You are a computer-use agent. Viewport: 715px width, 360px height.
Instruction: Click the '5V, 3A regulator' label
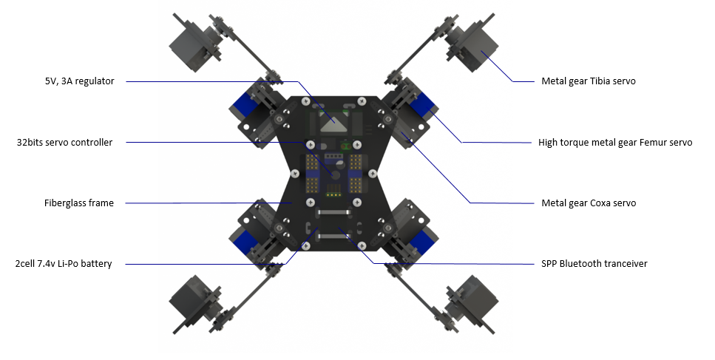tap(79, 81)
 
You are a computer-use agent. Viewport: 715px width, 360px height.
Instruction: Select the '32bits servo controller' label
tap(64, 142)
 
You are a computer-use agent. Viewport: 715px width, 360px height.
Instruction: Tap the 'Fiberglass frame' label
tap(79, 203)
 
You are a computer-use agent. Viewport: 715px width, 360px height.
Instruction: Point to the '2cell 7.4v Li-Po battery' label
tap(64, 263)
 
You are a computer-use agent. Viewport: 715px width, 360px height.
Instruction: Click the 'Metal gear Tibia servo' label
tap(589, 81)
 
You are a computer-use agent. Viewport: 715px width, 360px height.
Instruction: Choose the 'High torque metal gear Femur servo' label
tap(615, 143)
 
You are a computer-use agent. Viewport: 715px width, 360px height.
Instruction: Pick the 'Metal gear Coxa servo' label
tap(589, 203)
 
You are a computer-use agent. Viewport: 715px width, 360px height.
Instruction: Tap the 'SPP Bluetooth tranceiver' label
tap(594, 263)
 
